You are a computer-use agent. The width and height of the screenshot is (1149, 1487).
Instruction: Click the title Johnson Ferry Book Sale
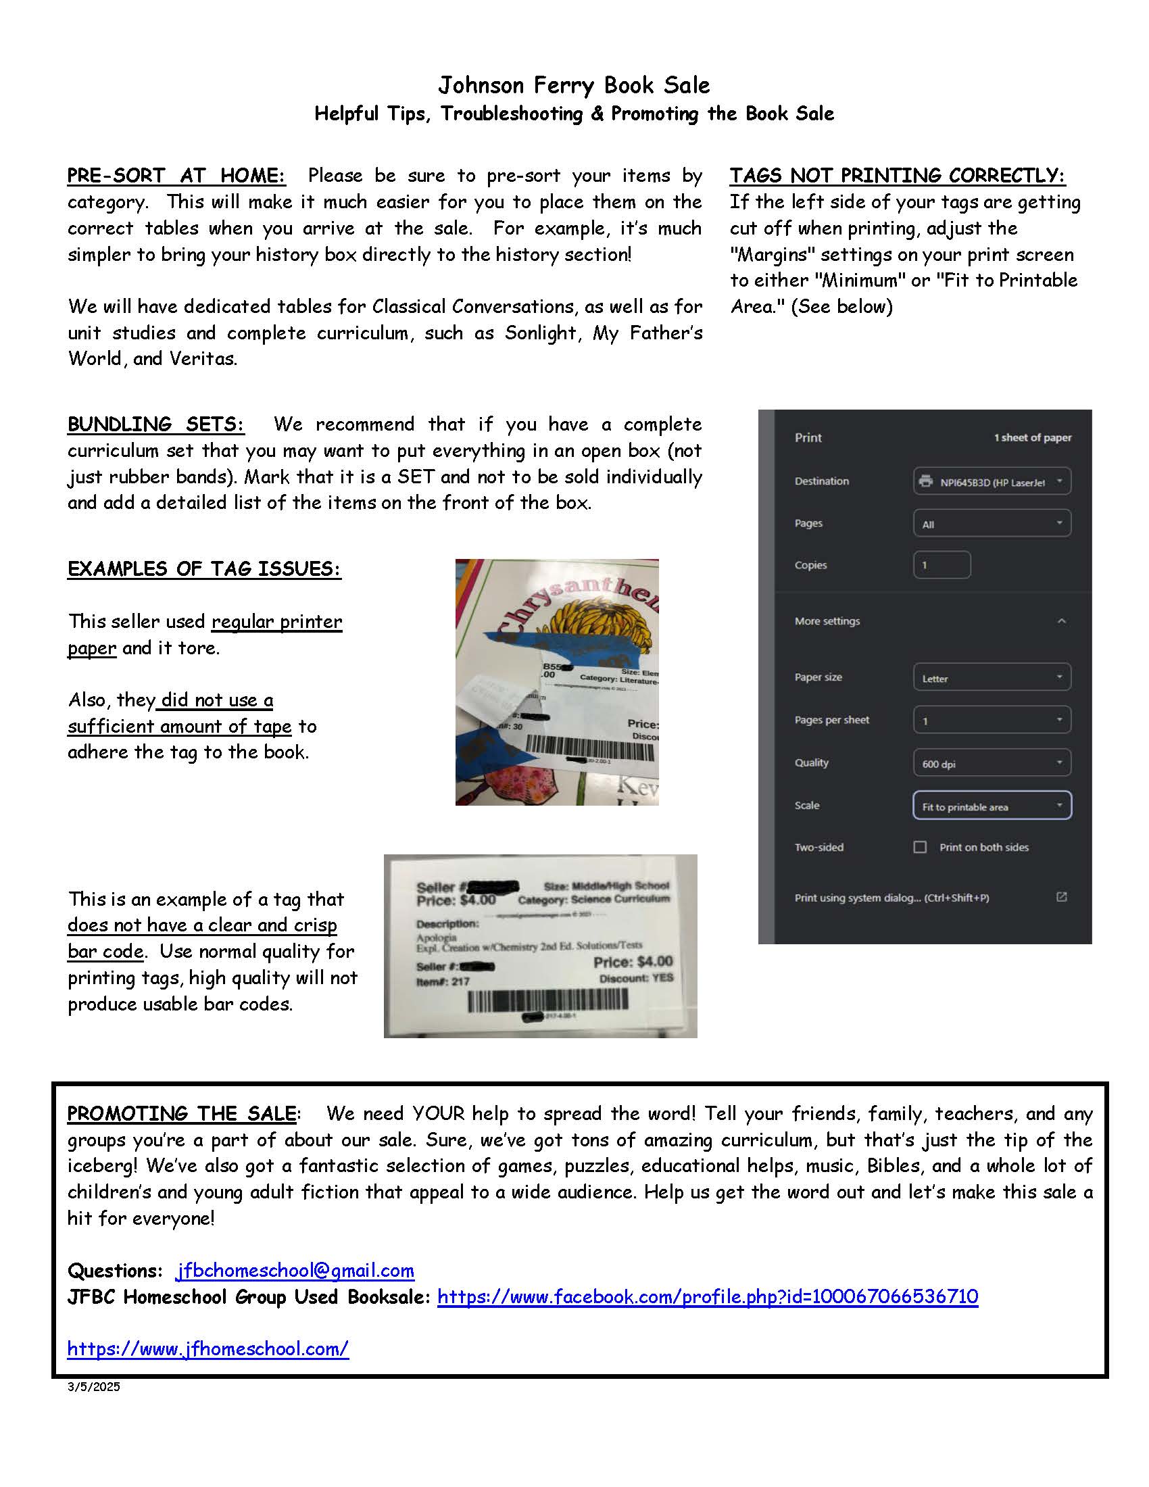click(x=574, y=85)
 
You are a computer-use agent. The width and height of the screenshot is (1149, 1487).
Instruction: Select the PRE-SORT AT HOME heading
click(x=176, y=176)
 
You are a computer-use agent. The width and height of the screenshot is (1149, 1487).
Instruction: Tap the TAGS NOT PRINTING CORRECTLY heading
click(x=896, y=176)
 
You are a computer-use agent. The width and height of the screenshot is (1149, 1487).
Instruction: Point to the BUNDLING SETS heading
click(x=155, y=424)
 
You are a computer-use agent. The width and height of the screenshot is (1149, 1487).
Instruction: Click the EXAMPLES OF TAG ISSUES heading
click(x=204, y=568)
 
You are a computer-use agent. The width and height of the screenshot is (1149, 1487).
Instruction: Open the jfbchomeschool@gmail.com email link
click(x=295, y=1271)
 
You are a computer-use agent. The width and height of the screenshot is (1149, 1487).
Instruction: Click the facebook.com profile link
click(x=707, y=1296)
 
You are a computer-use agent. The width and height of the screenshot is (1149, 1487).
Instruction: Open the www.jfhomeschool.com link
click(x=207, y=1349)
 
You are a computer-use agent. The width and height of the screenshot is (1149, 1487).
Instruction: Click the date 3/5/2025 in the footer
click(x=93, y=1387)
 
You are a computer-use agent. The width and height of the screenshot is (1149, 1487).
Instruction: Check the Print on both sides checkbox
click(x=921, y=847)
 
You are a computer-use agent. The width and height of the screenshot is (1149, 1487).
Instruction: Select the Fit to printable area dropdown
click(x=992, y=806)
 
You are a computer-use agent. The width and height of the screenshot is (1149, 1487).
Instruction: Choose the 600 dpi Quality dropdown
click(x=992, y=763)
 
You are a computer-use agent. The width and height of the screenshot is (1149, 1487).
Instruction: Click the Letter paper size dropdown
click(x=992, y=678)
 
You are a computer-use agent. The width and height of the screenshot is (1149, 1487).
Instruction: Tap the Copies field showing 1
click(x=942, y=565)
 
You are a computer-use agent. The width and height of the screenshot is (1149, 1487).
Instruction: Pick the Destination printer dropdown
click(x=992, y=481)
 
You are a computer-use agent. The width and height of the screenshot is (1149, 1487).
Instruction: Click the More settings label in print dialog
click(x=827, y=621)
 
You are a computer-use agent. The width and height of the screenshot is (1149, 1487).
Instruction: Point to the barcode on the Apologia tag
click(x=547, y=1000)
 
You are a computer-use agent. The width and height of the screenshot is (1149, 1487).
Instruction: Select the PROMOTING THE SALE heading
click(x=181, y=1114)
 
